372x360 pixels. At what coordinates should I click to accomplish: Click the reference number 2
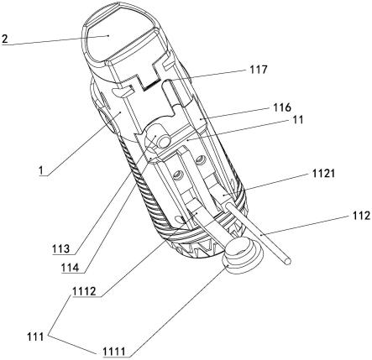(x=5, y=39)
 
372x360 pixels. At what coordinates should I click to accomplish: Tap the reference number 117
(x=259, y=70)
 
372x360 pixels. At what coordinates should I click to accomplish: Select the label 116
(x=282, y=107)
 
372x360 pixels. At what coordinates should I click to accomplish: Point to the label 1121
(x=323, y=174)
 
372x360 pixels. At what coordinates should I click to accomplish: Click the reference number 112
(x=359, y=216)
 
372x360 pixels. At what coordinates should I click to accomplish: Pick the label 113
(x=60, y=248)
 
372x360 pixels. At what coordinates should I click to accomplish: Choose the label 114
(x=71, y=268)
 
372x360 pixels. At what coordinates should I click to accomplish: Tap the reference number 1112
(x=84, y=292)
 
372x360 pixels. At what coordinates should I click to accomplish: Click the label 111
(x=35, y=337)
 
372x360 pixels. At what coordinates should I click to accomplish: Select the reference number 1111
(x=114, y=352)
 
